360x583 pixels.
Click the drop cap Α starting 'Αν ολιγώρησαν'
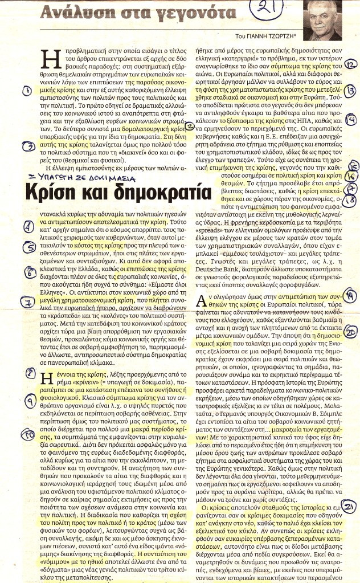click(201, 301)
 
